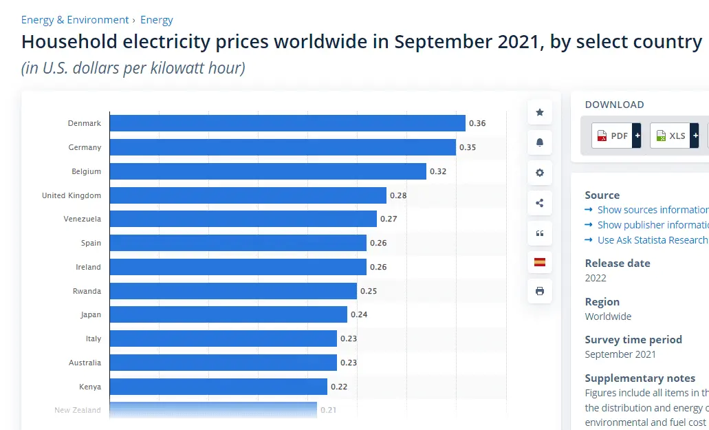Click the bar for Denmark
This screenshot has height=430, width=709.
pos(287,123)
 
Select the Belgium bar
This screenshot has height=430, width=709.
pos(268,171)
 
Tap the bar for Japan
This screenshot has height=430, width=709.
pos(228,314)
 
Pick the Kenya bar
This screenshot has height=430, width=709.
pos(219,386)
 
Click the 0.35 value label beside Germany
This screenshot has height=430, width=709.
pos(467,147)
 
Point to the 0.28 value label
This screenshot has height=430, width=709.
pos(398,195)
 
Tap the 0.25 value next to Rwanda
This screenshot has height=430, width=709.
pos(369,291)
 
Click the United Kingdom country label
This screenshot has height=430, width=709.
pos(72,195)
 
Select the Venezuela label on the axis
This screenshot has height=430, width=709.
pos(82,219)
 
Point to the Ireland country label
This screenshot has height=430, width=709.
pos(88,267)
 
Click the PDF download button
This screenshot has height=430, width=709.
pos(612,136)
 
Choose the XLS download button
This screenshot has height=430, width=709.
pos(670,136)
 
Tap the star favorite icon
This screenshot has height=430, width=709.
pos(540,112)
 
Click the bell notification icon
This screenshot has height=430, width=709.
pos(540,142)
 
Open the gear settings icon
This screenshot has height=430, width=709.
pos(540,173)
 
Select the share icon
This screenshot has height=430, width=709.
pos(540,203)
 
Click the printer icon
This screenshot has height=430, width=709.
pos(540,291)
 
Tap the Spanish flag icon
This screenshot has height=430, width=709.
pos(540,261)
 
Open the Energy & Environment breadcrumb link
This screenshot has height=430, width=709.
pos(75,20)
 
